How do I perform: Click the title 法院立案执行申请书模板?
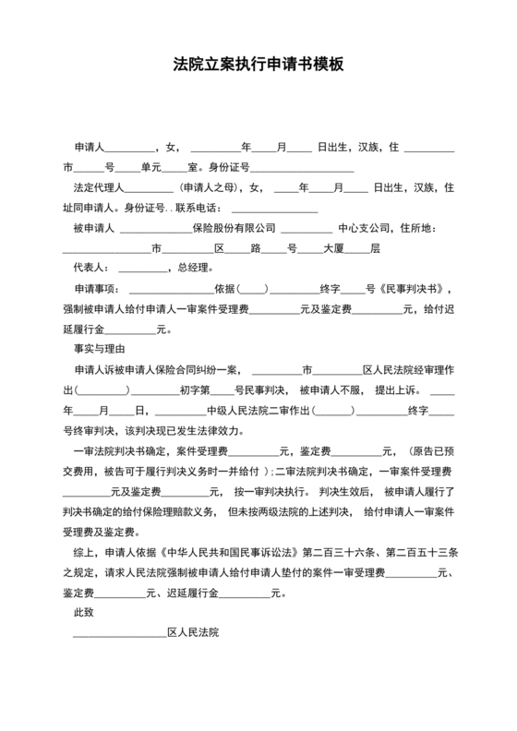point(258,66)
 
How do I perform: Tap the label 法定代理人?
point(97,187)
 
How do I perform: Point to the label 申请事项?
point(97,289)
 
